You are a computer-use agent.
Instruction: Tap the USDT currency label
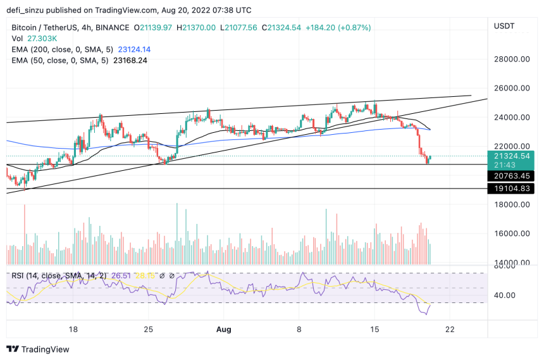[x=504, y=26]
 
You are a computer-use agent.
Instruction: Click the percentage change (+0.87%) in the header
[x=353, y=28]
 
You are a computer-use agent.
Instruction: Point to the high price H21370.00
[x=196, y=28]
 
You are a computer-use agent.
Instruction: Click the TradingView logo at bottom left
[x=39, y=349]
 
